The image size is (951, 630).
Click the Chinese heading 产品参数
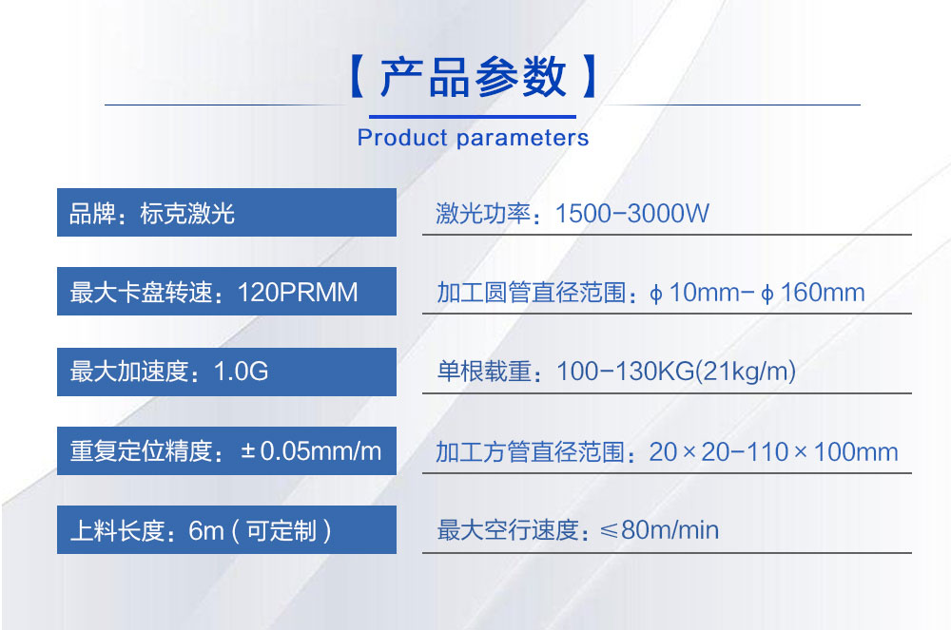(x=473, y=77)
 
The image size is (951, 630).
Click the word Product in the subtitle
(x=402, y=138)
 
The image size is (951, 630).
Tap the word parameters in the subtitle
(x=522, y=139)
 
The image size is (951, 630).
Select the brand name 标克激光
(x=187, y=213)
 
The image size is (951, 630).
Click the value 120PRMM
(x=298, y=292)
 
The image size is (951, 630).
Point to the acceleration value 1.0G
(x=241, y=372)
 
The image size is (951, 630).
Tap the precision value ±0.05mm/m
(x=311, y=451)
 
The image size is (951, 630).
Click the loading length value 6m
(x=206, y=531)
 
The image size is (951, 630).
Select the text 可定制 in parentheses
(x=281, y=530)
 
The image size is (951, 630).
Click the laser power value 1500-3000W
(x=632, y=213)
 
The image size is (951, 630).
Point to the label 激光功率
(x=483, y=213)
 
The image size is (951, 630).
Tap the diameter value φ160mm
(x=813, y=294)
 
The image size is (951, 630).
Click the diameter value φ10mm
(x=694, y=294)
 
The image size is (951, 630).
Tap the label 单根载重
(x=484, y=372)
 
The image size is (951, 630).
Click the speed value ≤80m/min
(x=659, y=530)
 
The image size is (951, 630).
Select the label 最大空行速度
(x=508, y=530)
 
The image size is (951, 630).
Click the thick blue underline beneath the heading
(x=473, y=116)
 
